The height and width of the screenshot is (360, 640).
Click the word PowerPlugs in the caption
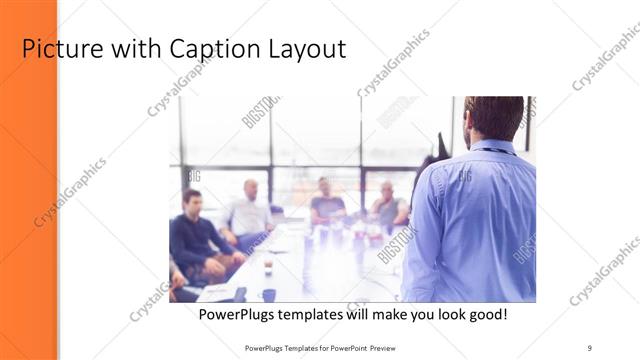coord(237,314)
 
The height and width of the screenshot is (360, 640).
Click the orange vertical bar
coord(27,180)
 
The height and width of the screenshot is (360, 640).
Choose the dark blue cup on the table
coord(269,294)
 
